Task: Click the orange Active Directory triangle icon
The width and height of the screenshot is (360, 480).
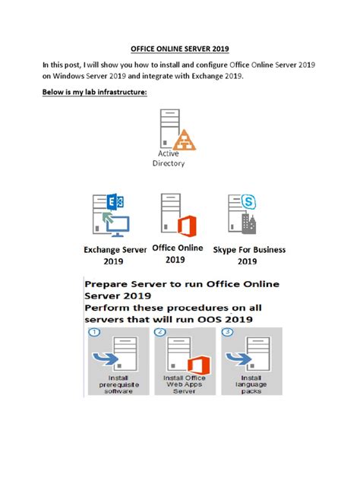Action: click(x=183, y=139)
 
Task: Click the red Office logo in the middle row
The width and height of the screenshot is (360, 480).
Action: click(x=186, y=226)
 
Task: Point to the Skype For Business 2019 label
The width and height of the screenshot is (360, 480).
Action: click(x=247, y=255)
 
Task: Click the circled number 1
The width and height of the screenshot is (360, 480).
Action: click(x=94, y=332)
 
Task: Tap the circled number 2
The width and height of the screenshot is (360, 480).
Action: click(x=160, y=332)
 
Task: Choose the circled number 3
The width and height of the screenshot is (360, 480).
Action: click(x=226, y=332)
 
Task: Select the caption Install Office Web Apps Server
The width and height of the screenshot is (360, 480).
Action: click(x=185, y=384)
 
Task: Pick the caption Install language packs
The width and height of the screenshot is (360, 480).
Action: click(x=251, y=384)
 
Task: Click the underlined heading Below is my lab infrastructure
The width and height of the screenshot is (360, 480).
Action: click(x=94, y=92)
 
